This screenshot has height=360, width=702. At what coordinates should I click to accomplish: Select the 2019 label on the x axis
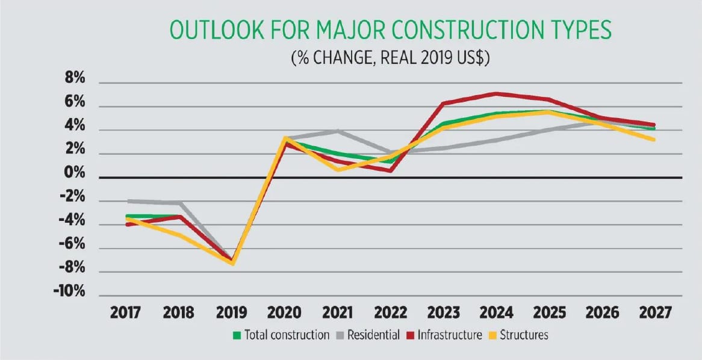pos(231,313)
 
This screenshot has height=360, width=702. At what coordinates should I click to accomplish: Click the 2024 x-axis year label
pos(496,313)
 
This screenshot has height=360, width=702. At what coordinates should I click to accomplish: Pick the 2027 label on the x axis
pos(655,313)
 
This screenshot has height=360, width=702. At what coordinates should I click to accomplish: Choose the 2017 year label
pos(125,313)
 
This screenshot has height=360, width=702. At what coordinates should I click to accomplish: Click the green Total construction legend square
pos(237,335)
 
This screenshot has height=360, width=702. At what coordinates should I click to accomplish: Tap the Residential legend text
pos(373,335)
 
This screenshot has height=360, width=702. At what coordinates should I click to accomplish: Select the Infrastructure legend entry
pos(450,335)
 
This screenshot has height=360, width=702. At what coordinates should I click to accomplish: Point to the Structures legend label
pos(523,335)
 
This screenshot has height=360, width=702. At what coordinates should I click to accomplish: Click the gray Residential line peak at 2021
pos(338,130)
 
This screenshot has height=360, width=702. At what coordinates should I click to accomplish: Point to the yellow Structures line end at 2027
pos(654,140)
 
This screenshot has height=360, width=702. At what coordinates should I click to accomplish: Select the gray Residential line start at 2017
pos(128,201)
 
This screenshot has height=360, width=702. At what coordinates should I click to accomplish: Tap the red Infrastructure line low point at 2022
pos(391,171)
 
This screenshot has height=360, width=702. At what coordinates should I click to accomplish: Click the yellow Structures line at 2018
pos(179,234)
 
